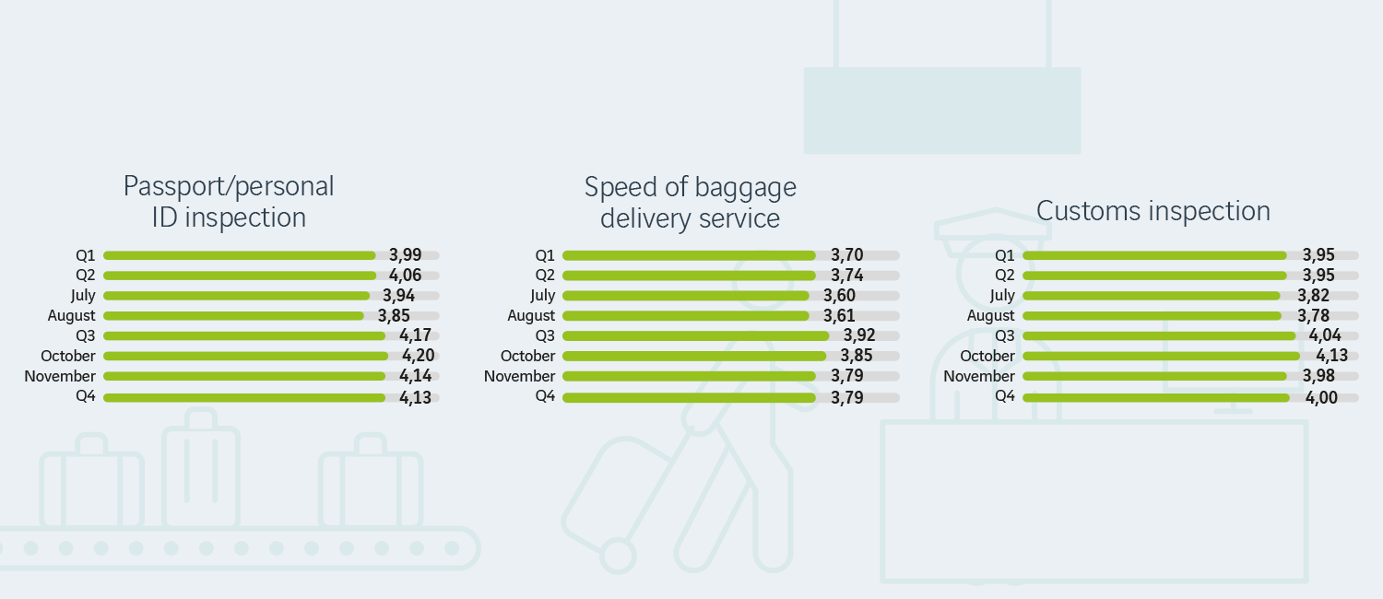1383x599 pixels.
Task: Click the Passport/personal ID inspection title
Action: [229, 202]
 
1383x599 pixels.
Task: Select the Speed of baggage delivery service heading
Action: [690, 203]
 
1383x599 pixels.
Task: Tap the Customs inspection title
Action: [1152, 211]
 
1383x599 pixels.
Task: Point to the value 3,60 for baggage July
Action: [839, 296]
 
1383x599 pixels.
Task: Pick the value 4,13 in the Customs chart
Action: [1319, 356]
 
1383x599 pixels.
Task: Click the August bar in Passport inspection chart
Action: [234, 316]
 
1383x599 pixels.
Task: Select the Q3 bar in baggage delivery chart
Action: [695, 335]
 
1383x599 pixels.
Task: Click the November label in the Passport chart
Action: [60, 376]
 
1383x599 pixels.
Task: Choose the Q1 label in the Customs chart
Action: [1005, 255]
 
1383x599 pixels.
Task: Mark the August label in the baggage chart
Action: [531, 316]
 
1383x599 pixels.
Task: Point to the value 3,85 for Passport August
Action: [394, 316]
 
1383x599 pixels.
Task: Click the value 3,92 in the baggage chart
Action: [859, 335]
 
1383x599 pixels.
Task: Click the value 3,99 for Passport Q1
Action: [406, 255]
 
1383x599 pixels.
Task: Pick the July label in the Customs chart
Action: [1001, 296]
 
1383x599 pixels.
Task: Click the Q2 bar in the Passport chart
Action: [240, 276]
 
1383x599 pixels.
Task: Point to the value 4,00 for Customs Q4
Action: [1319, 397]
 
